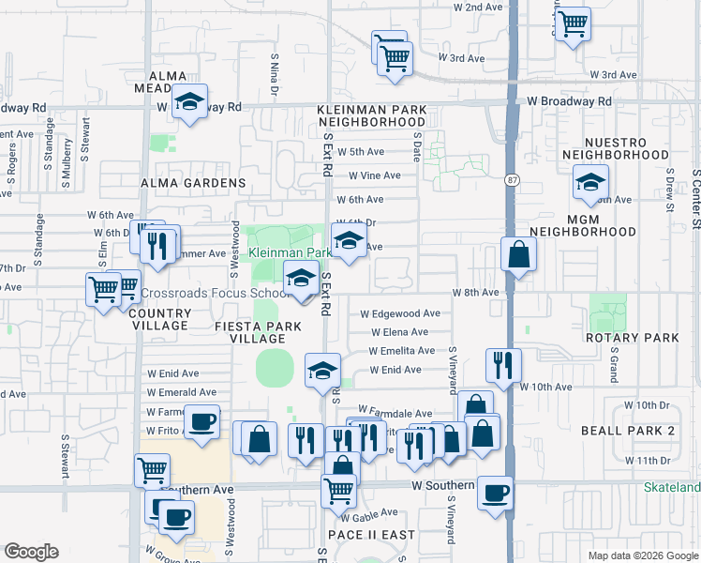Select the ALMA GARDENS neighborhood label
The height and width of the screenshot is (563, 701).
(x=192, y=183)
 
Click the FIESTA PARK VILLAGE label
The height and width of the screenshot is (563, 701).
(x=258, y=332)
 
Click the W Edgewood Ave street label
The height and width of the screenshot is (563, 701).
(x=400, y=313)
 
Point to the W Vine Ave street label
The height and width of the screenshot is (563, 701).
(x=374, y=175)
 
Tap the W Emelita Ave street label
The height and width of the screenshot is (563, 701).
(x=396, y=351)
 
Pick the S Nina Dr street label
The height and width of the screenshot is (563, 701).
(x=276, y=75)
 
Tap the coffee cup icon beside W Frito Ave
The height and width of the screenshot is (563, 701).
(x=201, y=421)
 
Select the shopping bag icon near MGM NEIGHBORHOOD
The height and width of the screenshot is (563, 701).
(x=518, y=254)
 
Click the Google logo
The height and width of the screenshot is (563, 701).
(x=31, y=552)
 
